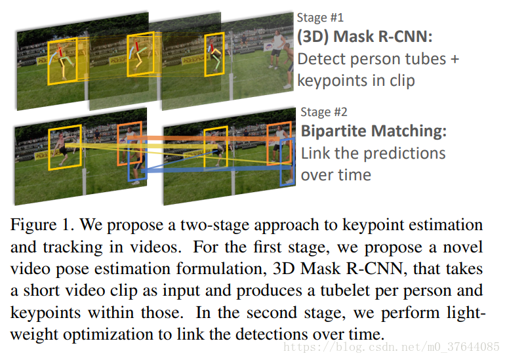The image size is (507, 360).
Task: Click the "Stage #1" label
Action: point(320,18)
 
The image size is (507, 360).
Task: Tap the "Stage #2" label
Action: point(323,112)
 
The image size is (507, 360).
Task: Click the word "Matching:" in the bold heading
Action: point(409,131)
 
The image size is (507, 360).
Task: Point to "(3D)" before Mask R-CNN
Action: point(315,37)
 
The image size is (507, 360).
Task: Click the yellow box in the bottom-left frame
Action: point(65,146)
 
